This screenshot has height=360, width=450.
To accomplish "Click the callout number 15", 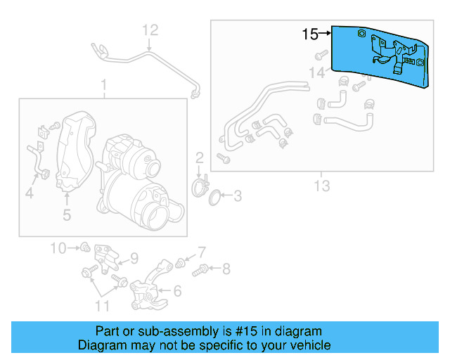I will coord(310,33).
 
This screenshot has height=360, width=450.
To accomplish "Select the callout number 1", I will coord(103,86).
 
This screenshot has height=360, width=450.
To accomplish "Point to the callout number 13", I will coord(322,186).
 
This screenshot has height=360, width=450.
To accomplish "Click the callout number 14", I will coord(318,72).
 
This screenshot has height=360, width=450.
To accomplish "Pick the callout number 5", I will coord(66,214).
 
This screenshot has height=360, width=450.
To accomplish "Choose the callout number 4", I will coord(29,193).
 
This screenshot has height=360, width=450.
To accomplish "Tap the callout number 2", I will coord(199,157).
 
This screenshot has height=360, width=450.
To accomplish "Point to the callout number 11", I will coord(103,305).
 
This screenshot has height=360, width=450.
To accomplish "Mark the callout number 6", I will coord(176,290).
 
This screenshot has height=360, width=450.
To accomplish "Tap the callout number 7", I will coord(201,251).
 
